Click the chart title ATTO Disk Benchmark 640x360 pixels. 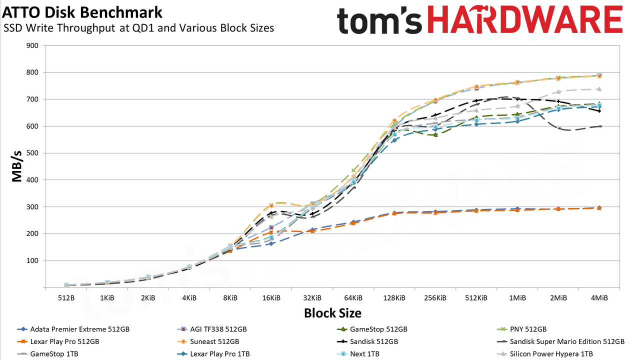tap(82, 12)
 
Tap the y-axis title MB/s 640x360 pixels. tap(17, 166)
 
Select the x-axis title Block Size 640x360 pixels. tap(332, 313)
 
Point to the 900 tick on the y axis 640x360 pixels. tap(32, 45)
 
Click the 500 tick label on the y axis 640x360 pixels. tap(32, 153)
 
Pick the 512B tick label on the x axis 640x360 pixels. tap(66, 298)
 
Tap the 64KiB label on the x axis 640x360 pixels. tap(353, 298)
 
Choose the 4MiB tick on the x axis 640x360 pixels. tap(599, 298)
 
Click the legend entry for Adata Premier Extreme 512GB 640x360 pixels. tap(73, 329)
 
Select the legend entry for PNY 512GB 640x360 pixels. tap(521, 329)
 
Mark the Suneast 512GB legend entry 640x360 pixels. tap(208, 341)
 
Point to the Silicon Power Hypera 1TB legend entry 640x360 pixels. tap(545, 353)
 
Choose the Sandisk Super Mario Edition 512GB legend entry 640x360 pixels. tap(561, 341)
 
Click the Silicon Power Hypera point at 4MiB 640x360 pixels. tap(599, 89)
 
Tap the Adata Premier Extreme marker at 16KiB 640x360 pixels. tap(271, 243)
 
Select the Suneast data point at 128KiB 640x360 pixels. tap(394, 120)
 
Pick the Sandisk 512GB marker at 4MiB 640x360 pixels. tap(599, 111)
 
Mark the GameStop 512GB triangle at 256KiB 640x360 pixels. tap(435, 135)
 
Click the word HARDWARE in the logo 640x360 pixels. tap(525, 20)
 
